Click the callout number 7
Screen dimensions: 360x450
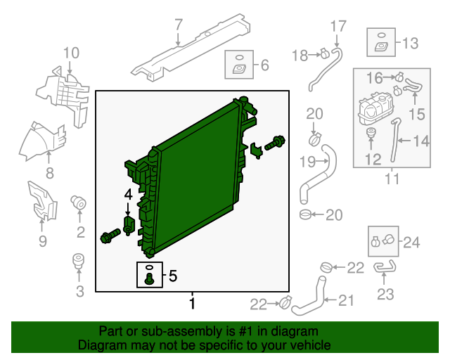[x=179, y=25]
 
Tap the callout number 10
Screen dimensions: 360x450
[x=71, y=53]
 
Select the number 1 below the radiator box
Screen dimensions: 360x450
[x=191, y=304]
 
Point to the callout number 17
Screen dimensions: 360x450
[x=338, y=27]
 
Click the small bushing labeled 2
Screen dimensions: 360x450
[x=79, y=205]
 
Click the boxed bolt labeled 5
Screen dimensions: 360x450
[x=149, y=274]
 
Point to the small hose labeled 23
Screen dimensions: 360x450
[x=383, y=266]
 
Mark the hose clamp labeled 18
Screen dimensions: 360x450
[x=324, y=52]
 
